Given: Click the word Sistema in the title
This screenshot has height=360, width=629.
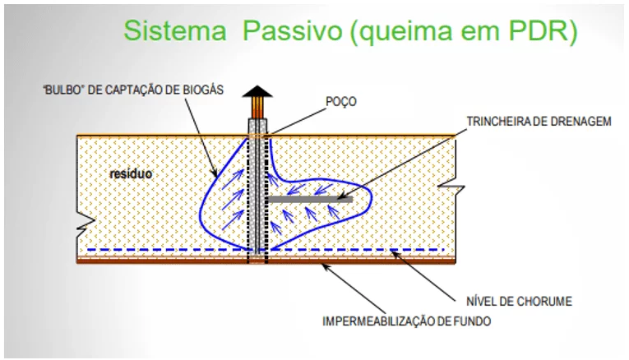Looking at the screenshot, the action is (x=175, y=30).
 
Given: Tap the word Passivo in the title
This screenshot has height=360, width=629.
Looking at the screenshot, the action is (x=293, y=31).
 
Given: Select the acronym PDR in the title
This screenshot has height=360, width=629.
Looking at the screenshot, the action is (x=539, y=30).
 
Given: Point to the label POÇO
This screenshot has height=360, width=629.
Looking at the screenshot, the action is (x=341, y=101).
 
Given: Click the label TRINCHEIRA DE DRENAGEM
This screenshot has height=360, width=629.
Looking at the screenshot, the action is (x=539, y=121).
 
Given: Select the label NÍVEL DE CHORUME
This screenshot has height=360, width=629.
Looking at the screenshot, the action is (x=519, y=301).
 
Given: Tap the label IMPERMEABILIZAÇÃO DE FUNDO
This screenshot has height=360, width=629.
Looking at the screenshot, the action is (x=407, y=321).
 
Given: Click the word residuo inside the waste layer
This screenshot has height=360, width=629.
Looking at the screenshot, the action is (x=132, y=173).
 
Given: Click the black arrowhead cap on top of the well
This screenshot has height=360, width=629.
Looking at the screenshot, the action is (x=257, y=92).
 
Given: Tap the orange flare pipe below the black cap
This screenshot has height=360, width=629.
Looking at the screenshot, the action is (x=257, y=108).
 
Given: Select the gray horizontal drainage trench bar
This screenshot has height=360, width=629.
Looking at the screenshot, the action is (x=309, y=199).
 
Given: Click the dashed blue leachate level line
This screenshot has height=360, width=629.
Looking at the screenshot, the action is (x=265, y=250).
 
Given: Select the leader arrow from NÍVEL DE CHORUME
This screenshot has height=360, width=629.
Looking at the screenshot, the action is (x=423, y=275).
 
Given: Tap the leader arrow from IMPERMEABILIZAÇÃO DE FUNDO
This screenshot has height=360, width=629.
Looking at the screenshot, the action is (x=354, y=288).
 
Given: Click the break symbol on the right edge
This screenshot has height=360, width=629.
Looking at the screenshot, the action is (x=452, y=187).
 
